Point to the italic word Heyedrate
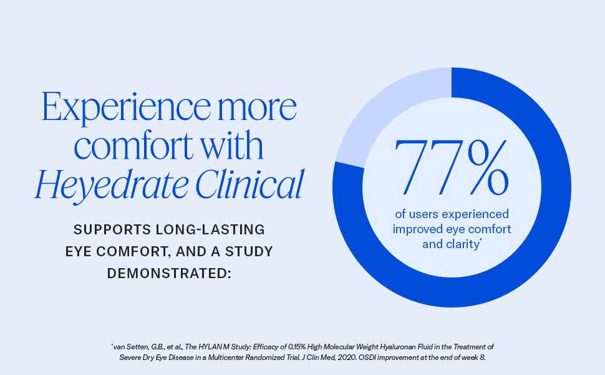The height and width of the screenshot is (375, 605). [102, 185]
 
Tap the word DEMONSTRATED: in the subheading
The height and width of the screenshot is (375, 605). [169, 273]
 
